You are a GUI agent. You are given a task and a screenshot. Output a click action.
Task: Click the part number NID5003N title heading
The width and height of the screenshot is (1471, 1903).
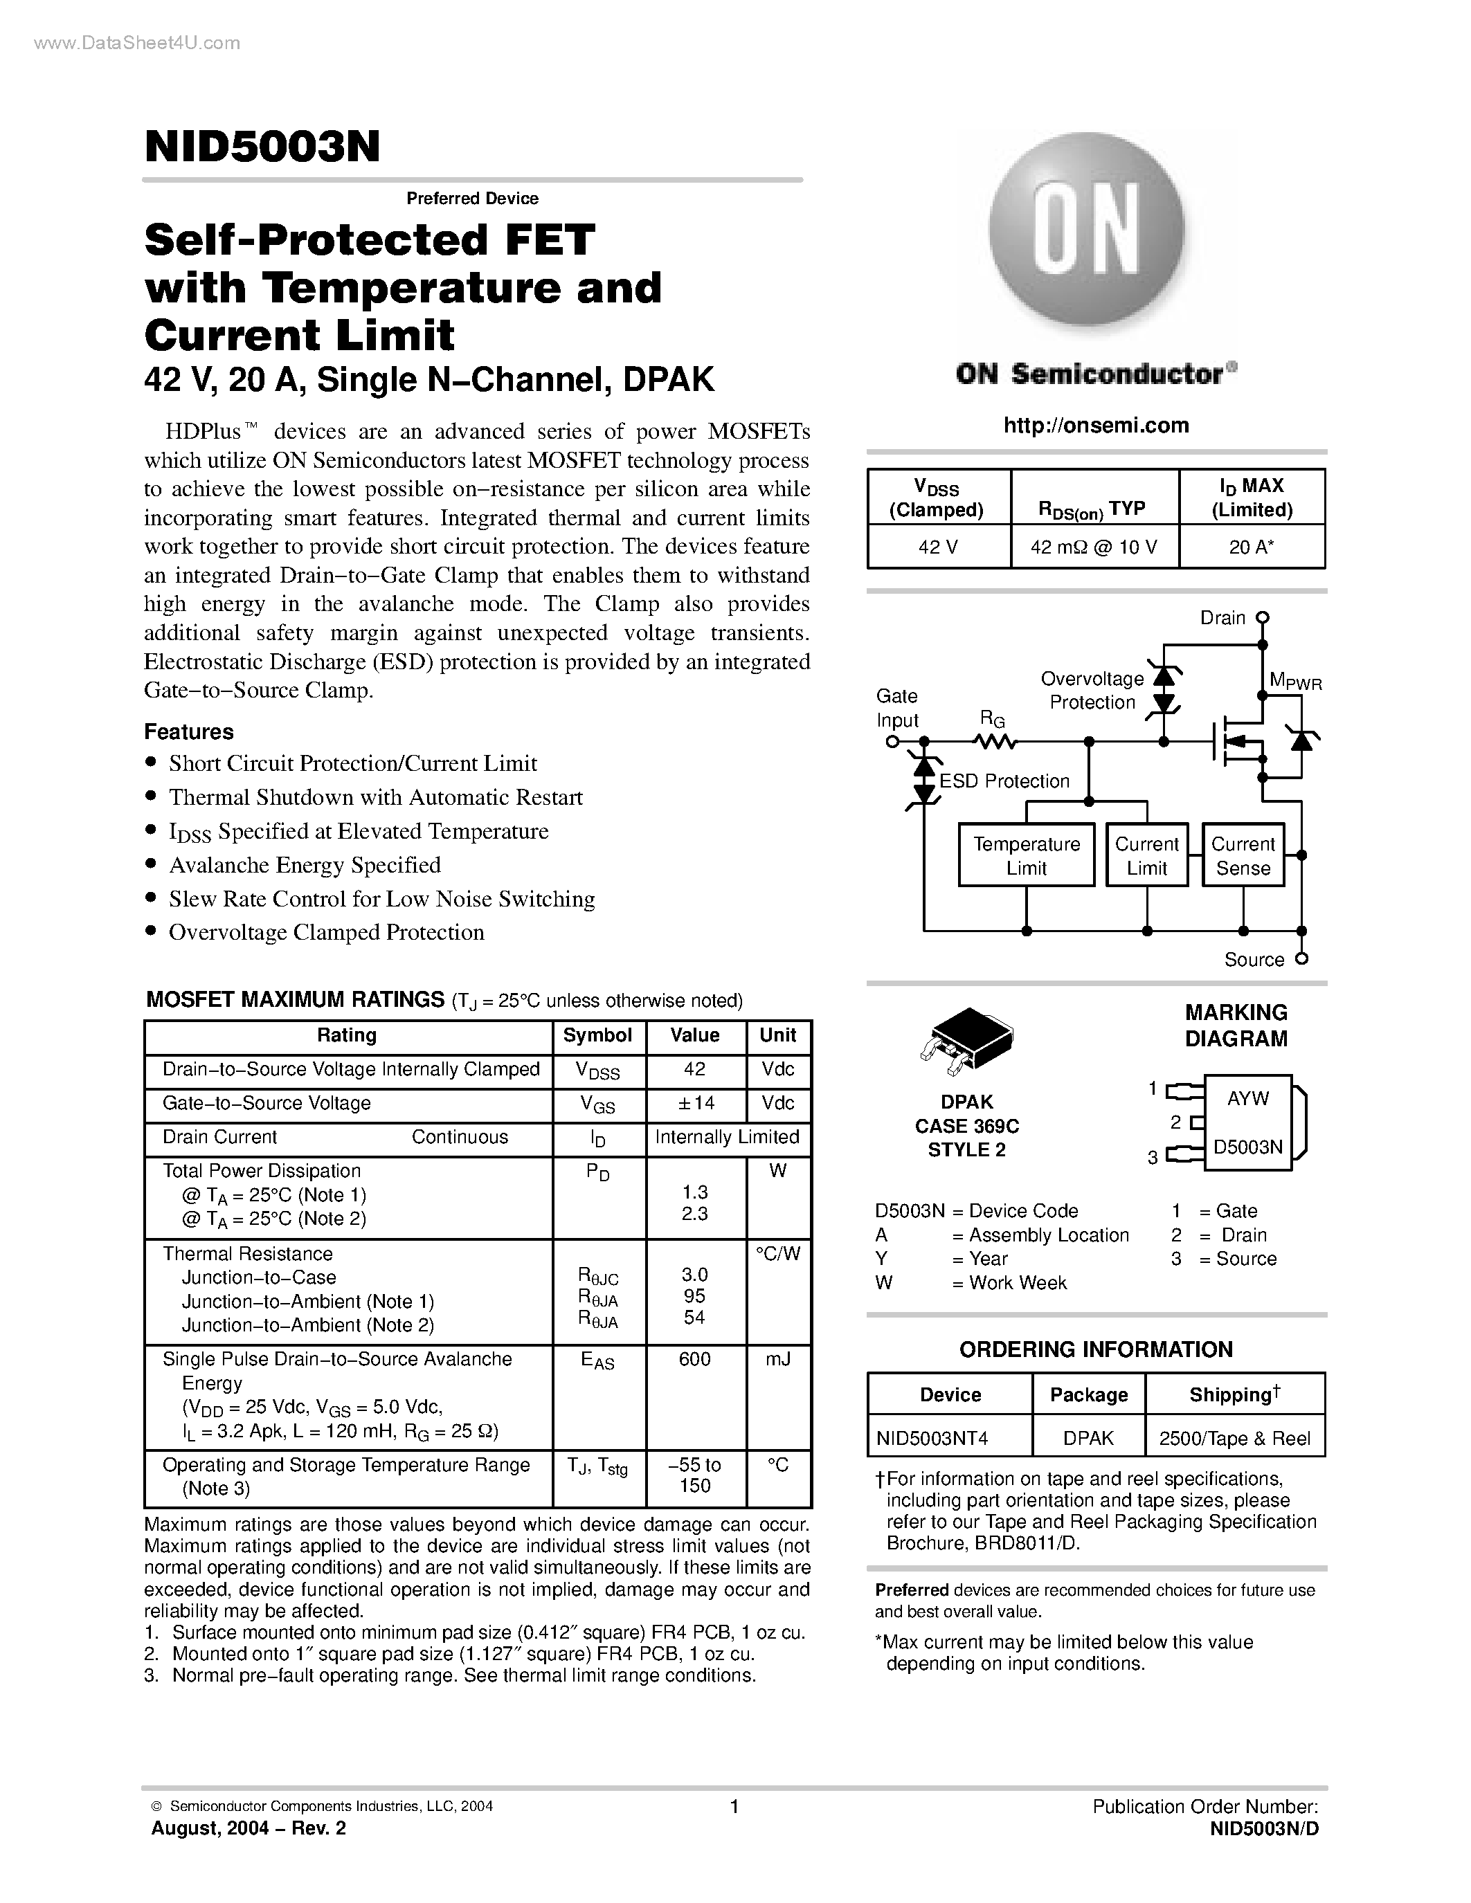262,147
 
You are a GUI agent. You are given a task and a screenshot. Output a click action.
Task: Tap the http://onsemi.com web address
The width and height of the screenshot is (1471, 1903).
1095,425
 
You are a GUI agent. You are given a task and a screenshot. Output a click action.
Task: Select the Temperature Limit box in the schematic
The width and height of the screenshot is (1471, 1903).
1026,855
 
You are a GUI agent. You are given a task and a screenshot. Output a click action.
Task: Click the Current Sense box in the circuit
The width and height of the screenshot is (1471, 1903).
1243,855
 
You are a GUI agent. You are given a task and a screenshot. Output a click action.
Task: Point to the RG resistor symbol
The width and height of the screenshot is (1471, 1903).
994,742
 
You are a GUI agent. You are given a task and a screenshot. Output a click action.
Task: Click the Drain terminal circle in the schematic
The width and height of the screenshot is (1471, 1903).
1262,618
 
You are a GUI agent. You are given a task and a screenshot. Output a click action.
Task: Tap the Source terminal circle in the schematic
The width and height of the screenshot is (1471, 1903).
1301,958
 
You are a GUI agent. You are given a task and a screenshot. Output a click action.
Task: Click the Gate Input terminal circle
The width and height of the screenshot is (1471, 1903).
892,742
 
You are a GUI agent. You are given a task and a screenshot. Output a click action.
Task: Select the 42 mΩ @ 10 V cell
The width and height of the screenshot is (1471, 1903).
1094,547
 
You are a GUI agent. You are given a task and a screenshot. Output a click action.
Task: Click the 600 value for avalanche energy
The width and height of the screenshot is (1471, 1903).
694,1359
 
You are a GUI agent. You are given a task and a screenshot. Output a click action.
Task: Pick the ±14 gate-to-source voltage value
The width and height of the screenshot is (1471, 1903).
694,1103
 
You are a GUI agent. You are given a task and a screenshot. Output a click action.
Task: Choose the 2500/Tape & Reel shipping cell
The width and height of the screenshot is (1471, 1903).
1234,1438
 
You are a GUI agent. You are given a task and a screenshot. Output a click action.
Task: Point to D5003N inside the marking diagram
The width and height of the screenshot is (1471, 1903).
1248,1147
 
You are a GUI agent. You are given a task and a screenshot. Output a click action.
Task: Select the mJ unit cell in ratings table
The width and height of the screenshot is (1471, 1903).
777,1359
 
